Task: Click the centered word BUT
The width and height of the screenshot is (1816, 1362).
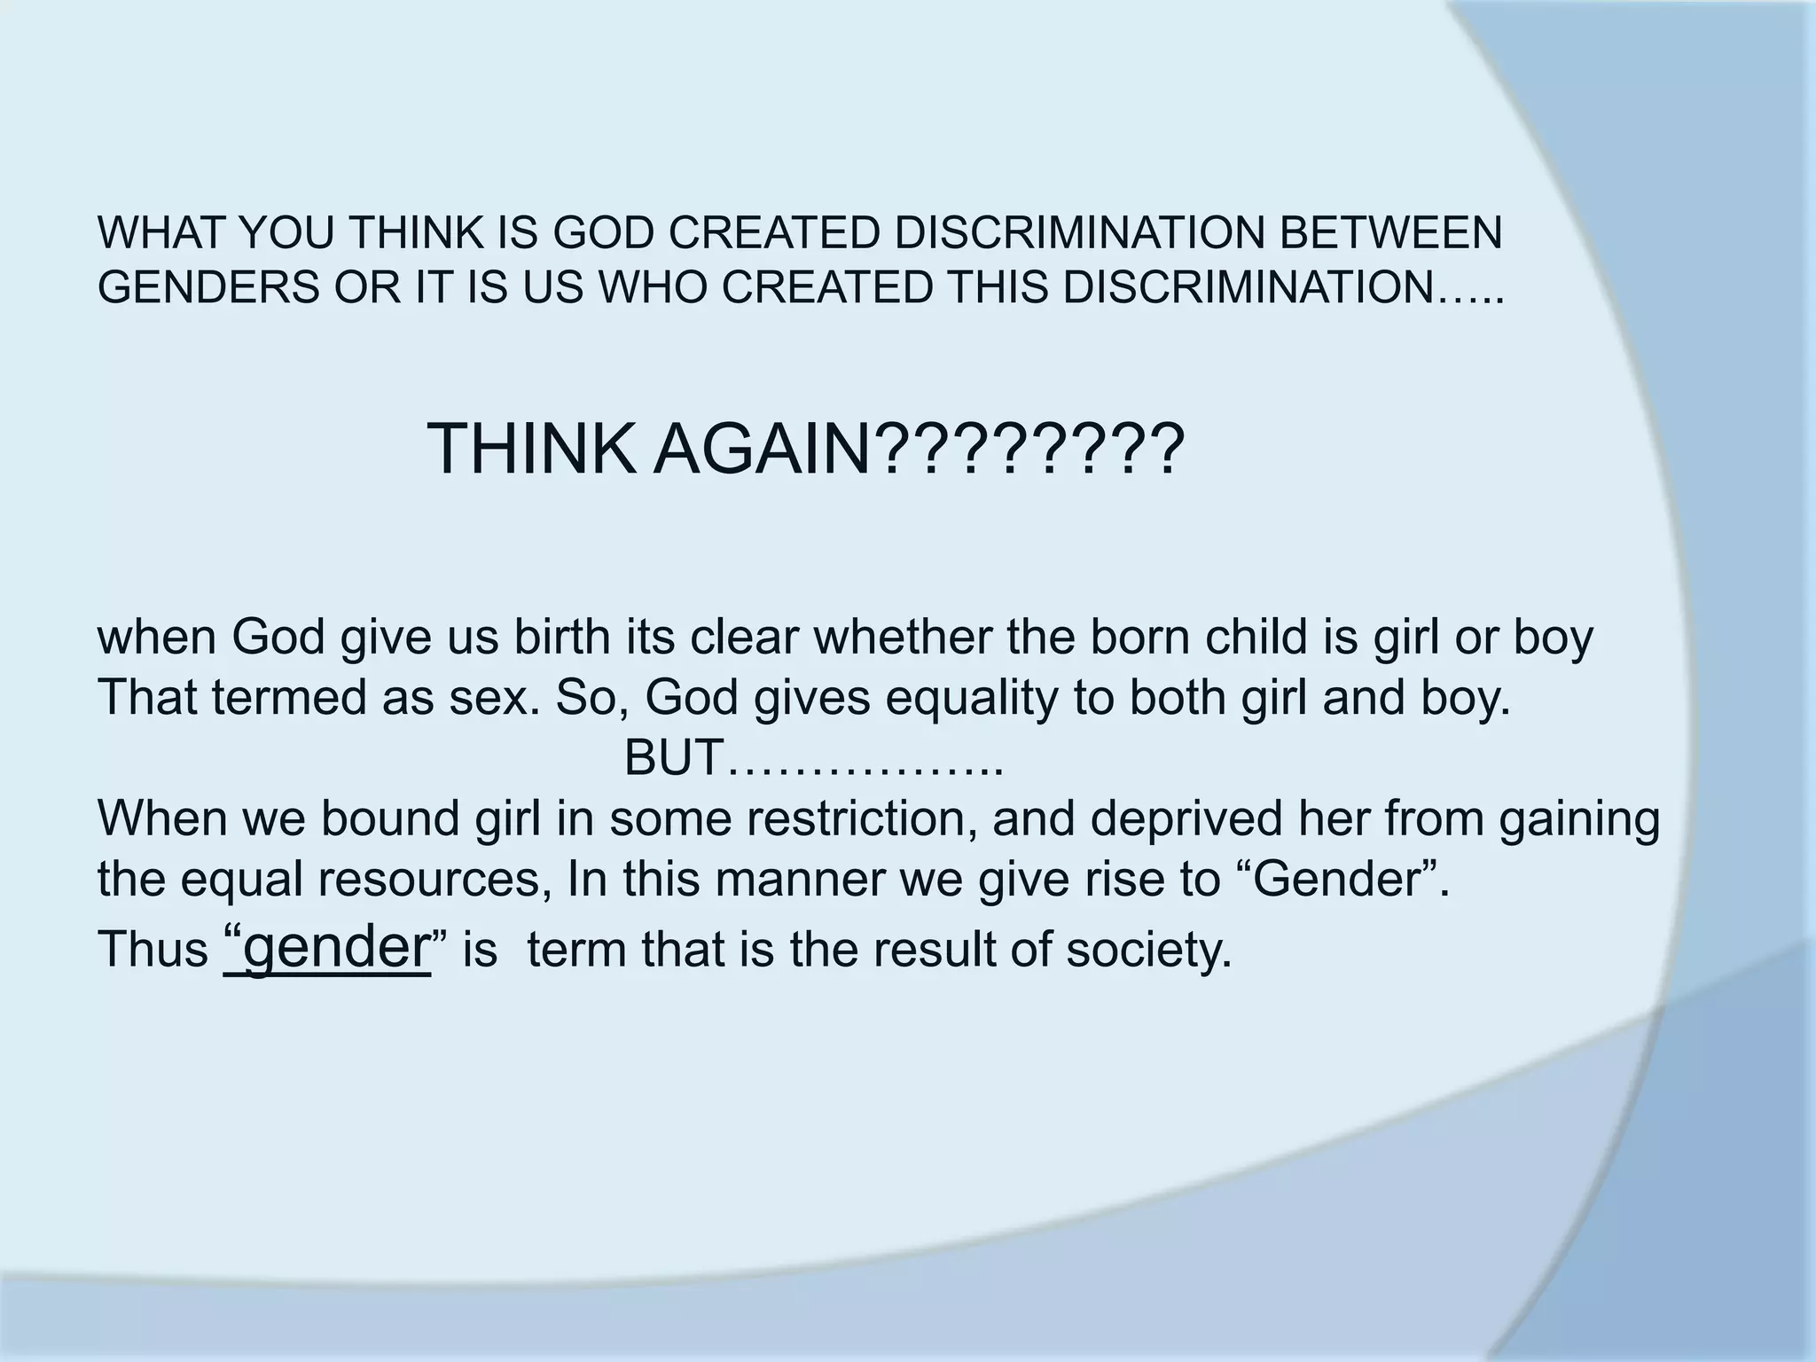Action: point(674,757)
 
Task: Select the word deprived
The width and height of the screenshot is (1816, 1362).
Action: point(1185,818)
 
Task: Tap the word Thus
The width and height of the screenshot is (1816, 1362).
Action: point(152,949)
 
